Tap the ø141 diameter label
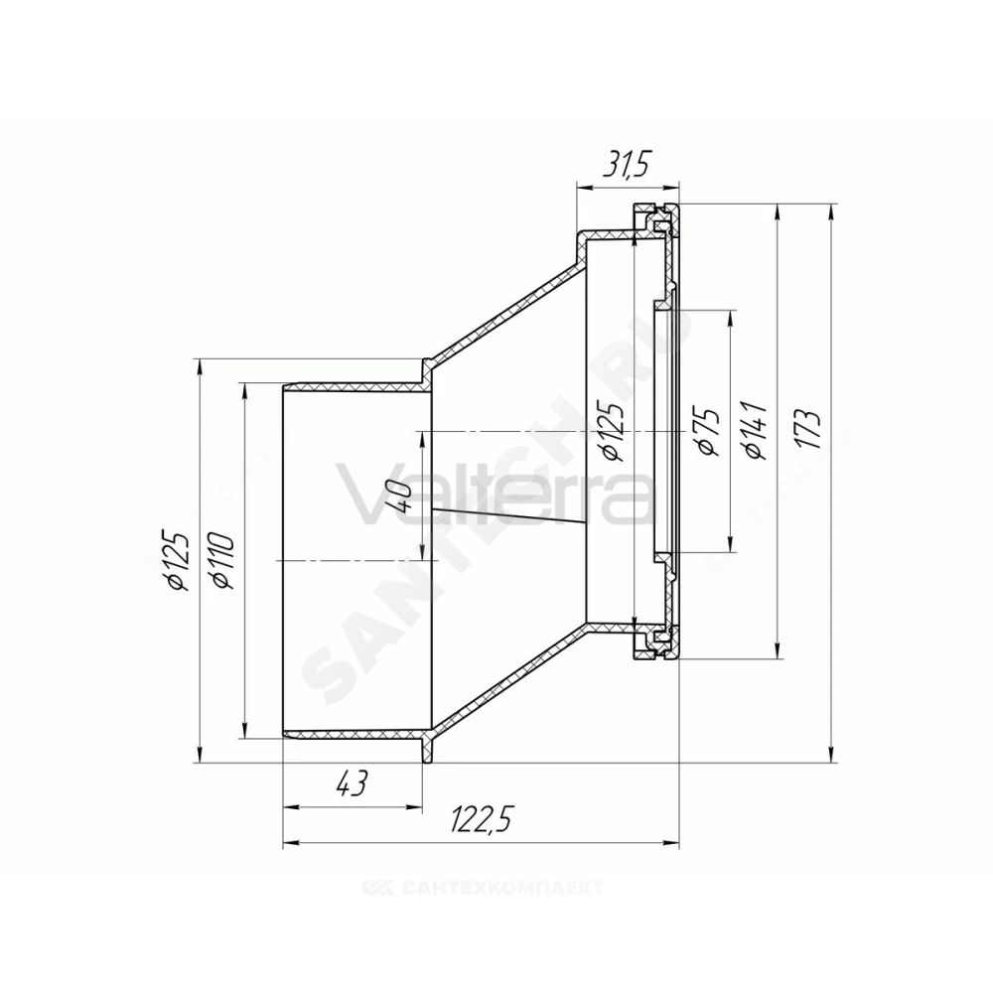[x=758, y=431]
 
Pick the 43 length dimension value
[x=351, y=784]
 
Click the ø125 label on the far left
[x=177, y=560]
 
